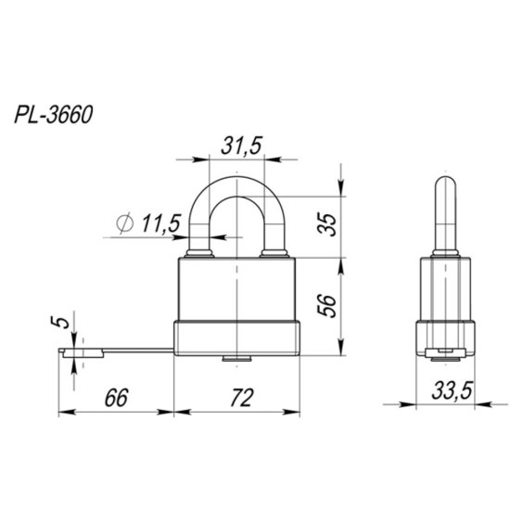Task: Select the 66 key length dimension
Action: click(113, 397)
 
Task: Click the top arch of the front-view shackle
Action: click(237, 184)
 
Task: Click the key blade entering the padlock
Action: click(139, 350)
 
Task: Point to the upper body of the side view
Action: click(446, 287)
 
